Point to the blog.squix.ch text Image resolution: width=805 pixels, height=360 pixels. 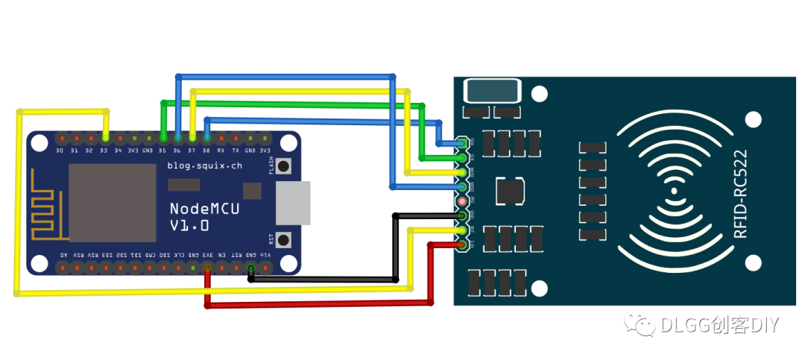204,165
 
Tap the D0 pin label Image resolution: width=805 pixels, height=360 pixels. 60,151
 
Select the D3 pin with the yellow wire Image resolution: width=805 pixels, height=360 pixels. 105,139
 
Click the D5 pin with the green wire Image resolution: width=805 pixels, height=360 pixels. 162,139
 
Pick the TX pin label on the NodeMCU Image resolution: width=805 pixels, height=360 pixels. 236,151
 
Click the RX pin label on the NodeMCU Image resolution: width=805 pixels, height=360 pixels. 221,151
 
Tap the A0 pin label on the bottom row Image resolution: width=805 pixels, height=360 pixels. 62,255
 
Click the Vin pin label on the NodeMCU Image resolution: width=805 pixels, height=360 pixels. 266,255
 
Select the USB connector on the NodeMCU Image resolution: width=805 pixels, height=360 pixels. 293,203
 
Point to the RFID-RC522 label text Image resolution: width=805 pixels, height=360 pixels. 741,195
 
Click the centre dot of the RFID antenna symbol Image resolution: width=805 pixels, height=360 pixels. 675,191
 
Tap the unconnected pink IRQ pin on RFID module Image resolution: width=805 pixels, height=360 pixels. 462,201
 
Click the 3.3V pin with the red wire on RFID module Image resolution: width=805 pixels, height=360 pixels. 462,244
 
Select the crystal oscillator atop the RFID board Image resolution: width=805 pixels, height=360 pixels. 492,92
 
